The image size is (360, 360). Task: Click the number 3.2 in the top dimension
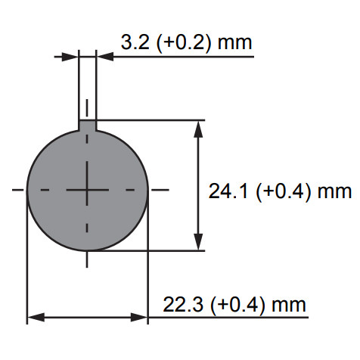pos(135,42)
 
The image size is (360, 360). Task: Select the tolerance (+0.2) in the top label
pos(183,43)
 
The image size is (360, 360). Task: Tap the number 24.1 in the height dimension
pos(228,191)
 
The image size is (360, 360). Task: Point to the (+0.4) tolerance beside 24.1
pos(283,192)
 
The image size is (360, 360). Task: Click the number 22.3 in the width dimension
pos(183,305)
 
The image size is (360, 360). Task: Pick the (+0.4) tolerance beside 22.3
pos(237,306)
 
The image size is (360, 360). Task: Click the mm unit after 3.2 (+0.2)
pos(234,44)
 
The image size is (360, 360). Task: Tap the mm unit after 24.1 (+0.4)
pos(334,193)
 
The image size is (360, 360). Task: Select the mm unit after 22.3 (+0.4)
pos(289,306)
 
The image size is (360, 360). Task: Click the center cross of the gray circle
pos(87,190)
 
